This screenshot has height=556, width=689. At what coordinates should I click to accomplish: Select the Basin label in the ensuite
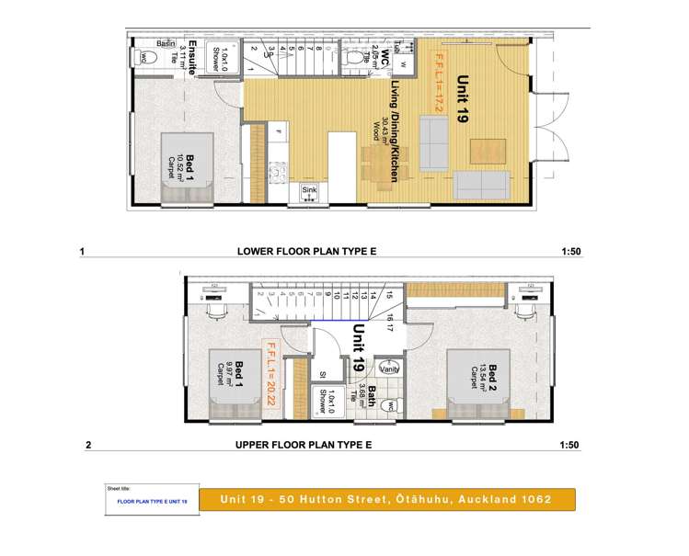click(x=167, y=44)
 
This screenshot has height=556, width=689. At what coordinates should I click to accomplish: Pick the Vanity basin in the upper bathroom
click(x=374, y=372)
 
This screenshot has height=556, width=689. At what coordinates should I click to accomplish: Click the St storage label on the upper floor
click(x=322, y=374)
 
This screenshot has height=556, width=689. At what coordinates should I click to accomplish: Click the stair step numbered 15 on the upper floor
click(x=389, y=295)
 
